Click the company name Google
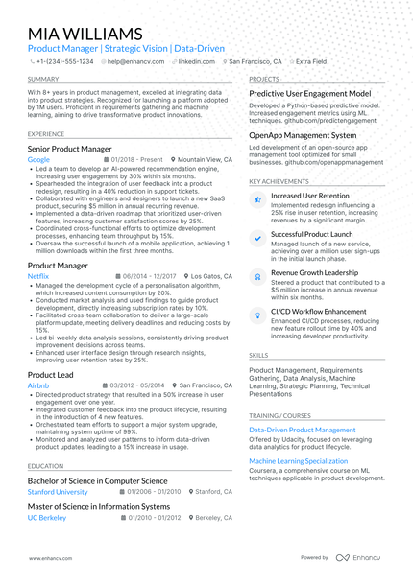pyautogui.click(x=38, y=160)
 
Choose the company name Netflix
pyautogui.click(x=38, y=275)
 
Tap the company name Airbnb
pyautogui.click(x=38, y=385)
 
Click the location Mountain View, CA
pyautogui.click(x=205, y=160)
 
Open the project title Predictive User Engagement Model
pyautogui.click(x=309, y=93)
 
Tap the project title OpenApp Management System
pyautogui.click(x=303, y=135)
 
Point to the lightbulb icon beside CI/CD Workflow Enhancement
pyautogui.click(x=256, y=315)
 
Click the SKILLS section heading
pyautogui.click(x=259, y=355)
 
